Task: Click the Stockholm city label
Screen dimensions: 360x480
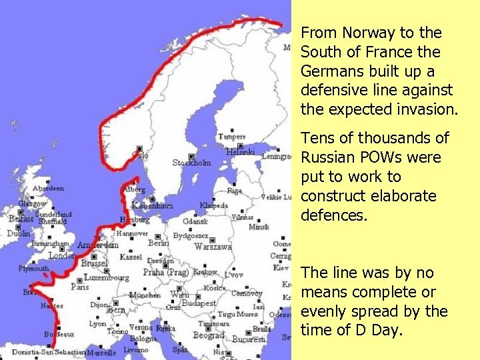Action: pyautogui.click(x=191, y=162)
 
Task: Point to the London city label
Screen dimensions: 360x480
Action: pyautogui.click(x=62, y=255)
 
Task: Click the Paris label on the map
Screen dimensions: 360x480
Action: pyautogui.click(x=79, y=287)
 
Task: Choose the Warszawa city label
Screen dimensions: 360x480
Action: pyautogui.click(x=213, y=247)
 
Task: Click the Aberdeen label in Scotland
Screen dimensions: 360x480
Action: pyautogui.click(x=48, y=188)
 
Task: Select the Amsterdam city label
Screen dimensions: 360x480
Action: pyautogui.click(x=97, y=245)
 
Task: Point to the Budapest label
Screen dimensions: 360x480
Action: pyautogui.click(x=199, y=303)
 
